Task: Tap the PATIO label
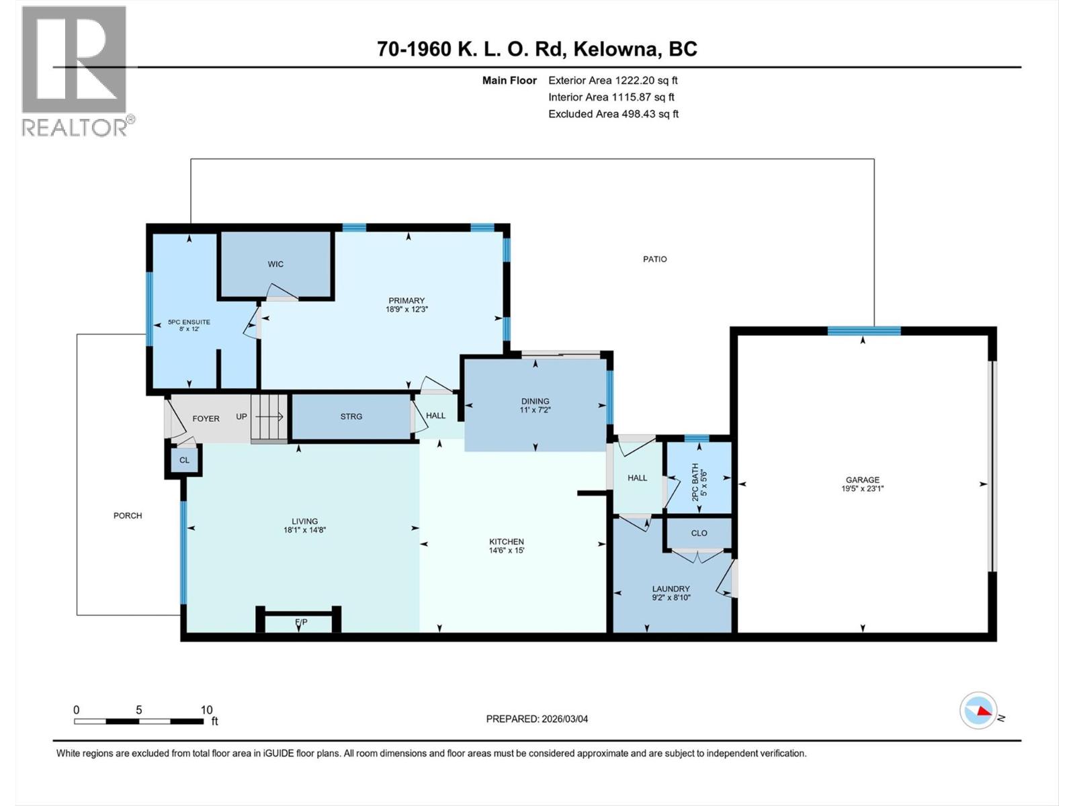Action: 655,259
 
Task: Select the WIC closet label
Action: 275,264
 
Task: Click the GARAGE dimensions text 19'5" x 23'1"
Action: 863,488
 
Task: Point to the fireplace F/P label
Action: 301,621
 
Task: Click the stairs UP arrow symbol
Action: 269,416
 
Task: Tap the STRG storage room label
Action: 351,416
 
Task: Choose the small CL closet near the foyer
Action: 184,460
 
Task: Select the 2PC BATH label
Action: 695,482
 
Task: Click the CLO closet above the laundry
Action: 699,533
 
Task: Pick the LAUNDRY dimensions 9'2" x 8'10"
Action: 671,597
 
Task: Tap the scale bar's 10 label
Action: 206,709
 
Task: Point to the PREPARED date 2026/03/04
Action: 564,719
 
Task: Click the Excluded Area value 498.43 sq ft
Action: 650,114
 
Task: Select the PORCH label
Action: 128,515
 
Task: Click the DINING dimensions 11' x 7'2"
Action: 535,410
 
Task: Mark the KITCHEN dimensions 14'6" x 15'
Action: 507,550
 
